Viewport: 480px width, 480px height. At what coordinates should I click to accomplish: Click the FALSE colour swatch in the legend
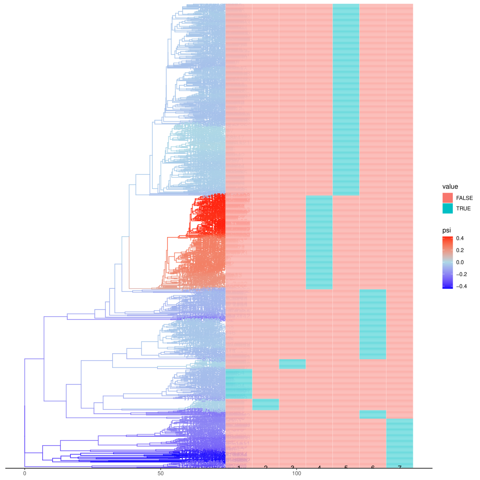(x=448, y=198)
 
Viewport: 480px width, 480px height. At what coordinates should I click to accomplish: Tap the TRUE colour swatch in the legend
(x=448, y=208)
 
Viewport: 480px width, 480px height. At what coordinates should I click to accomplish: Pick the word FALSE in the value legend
(x=464, y=198)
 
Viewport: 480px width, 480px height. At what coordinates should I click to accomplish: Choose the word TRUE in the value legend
(x=463, y=208)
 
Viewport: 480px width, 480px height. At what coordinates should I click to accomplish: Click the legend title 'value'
(x=450, y=186)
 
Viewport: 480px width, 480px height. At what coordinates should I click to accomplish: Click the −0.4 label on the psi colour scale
(x=463, y=286)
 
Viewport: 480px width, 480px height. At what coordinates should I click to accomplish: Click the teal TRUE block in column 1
(x=238, y=384)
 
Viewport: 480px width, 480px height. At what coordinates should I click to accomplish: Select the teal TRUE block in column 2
(x=265, y=404)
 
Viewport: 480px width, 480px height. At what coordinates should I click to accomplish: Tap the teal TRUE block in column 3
(x=292, y=364)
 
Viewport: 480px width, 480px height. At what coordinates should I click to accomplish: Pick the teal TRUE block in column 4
(x=319, y=242)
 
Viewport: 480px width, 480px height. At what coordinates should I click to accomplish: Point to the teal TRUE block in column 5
(x=346, y=99)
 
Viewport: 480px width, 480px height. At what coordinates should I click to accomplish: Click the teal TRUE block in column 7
(x=399, y=443)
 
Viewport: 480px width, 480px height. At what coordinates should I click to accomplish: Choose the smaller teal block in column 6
(x=372, y=414)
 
